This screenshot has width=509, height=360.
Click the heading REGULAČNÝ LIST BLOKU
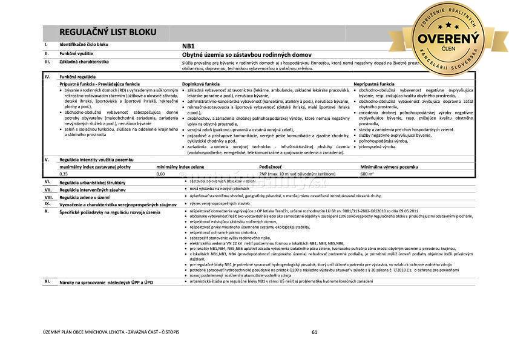(x=108, y=32)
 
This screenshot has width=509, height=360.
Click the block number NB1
(x=188, y=45)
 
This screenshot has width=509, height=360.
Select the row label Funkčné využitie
(x=76, y=53)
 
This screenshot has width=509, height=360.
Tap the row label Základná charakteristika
(x=84, y=62)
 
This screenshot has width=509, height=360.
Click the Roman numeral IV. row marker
(x=47, y=77)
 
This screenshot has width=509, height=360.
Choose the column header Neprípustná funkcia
(x=374, y=83)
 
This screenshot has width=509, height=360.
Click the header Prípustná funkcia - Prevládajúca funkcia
(x=99, y=83)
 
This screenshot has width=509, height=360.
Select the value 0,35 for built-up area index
(x=64, y=174)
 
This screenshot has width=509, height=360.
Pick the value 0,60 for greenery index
(x=160, y=174)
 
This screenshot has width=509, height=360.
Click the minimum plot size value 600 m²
(x=367, y=174)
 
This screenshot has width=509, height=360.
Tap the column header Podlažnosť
(x=271, y=166)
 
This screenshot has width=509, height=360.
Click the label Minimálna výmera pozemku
(x=389, y=166)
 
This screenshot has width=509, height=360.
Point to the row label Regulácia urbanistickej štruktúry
(x=92, y=182)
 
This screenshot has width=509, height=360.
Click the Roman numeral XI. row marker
(x=47, y=281)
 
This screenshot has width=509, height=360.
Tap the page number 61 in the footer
(x=314, y=332)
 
